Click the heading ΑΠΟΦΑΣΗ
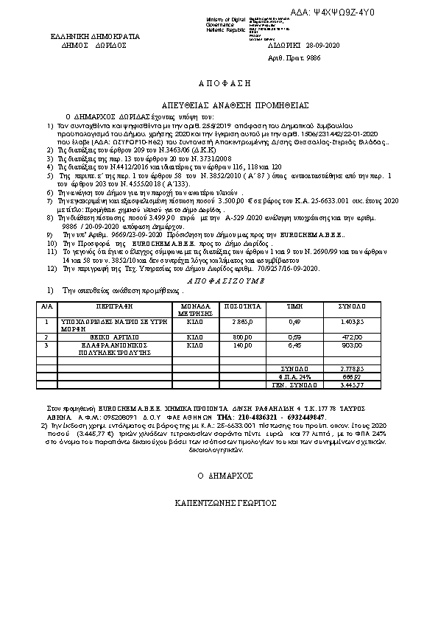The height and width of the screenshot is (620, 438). [219, 85]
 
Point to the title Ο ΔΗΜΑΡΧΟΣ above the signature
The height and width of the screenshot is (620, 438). [219, 475]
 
